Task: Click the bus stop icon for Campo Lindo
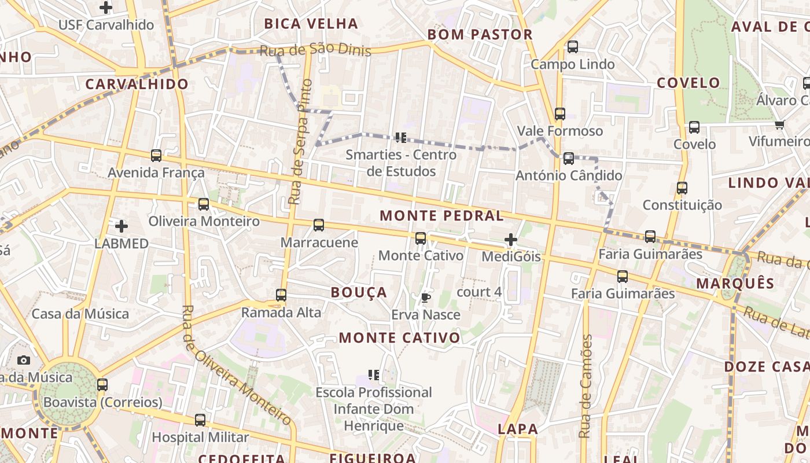(572, 47)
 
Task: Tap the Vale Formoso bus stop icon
(559, 114)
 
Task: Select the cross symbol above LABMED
(122, 226)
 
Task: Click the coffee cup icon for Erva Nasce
(425, 298)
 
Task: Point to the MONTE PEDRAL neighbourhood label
(441, 216)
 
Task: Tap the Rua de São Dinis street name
(315, 50)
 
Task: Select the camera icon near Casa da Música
(24, 360)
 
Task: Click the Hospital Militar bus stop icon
(200, 420)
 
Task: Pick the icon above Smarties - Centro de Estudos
(400, 138)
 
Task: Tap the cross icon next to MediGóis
(511, 239)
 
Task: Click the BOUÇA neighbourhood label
(359, 292)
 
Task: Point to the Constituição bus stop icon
(682, 188)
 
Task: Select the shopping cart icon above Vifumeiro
(779, 124)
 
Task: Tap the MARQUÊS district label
(735, 284)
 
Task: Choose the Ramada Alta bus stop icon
(281, 295)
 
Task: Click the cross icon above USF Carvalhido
(105, 8)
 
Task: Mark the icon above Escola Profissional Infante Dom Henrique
(374, 375)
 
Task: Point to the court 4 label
(479, 292)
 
